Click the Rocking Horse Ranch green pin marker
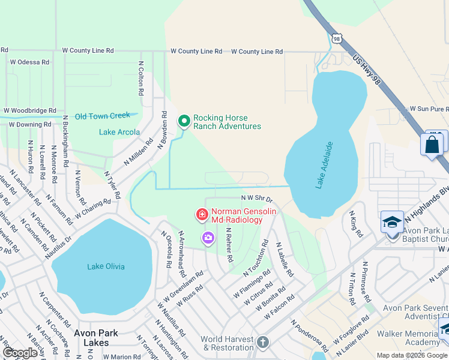coord(184,121)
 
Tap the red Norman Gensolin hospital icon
coord(202,214)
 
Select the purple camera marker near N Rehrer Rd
coord(208,238)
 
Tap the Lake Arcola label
coord(119,132)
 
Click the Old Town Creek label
coord(102,116)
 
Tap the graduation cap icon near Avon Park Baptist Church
coord(392,222)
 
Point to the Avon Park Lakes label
coord(96,337)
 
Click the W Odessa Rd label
coord(29,62)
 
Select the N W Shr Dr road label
coord(257,198)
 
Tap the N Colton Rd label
coord(142,78)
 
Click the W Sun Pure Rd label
coord(429,109)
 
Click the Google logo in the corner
coord(20,353)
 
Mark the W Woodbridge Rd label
coord(29,111)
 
